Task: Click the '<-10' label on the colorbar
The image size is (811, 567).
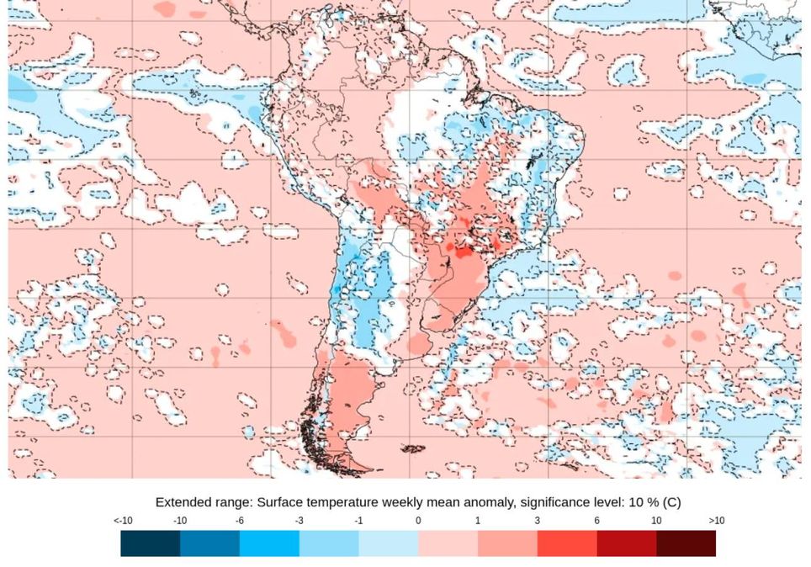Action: tap(123, 521)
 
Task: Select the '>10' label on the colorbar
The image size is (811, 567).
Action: tap(716, 521)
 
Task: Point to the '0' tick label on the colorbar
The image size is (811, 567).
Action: tap(418, 521)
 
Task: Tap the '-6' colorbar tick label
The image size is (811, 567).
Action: tap(240, 521)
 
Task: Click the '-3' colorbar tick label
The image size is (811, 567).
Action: tap(299, 521)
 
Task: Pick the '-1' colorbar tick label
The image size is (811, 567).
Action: tap(358, 521)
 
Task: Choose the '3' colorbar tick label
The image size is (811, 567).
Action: tap(538, 521)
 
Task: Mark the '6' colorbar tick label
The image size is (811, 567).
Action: tap(597, 521)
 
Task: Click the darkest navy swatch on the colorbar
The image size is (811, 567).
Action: tap(150, 543)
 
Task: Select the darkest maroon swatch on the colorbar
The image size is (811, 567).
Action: tap(686, 543)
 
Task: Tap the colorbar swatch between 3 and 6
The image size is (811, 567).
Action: tap(567, 543)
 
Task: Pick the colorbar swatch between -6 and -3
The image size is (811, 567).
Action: tap(269, 543)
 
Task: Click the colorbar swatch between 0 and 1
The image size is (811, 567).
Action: tap(448, 543)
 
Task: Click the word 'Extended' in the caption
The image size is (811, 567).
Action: tap(183, 502)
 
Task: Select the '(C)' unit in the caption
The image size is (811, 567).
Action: tap(671, 502)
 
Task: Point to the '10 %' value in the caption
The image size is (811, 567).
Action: tap(644, 502)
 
